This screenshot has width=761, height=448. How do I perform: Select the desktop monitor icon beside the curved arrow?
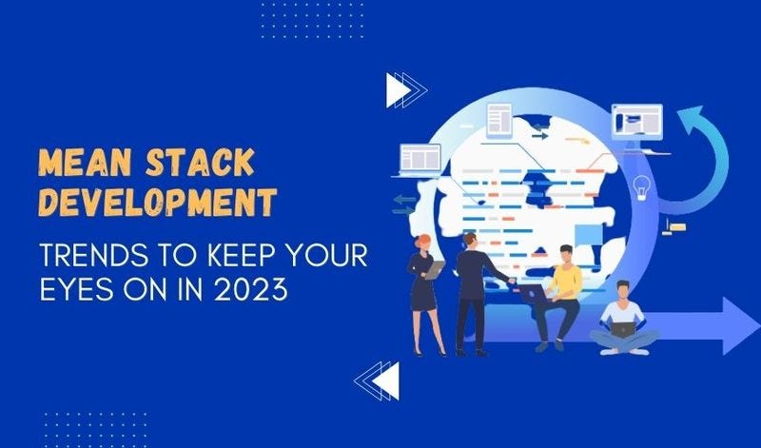pos(636,121)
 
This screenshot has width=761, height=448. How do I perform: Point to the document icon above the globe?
pos(498,119)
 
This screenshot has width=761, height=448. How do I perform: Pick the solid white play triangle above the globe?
pos(397,91)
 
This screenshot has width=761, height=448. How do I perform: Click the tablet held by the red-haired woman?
pos(433,270)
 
